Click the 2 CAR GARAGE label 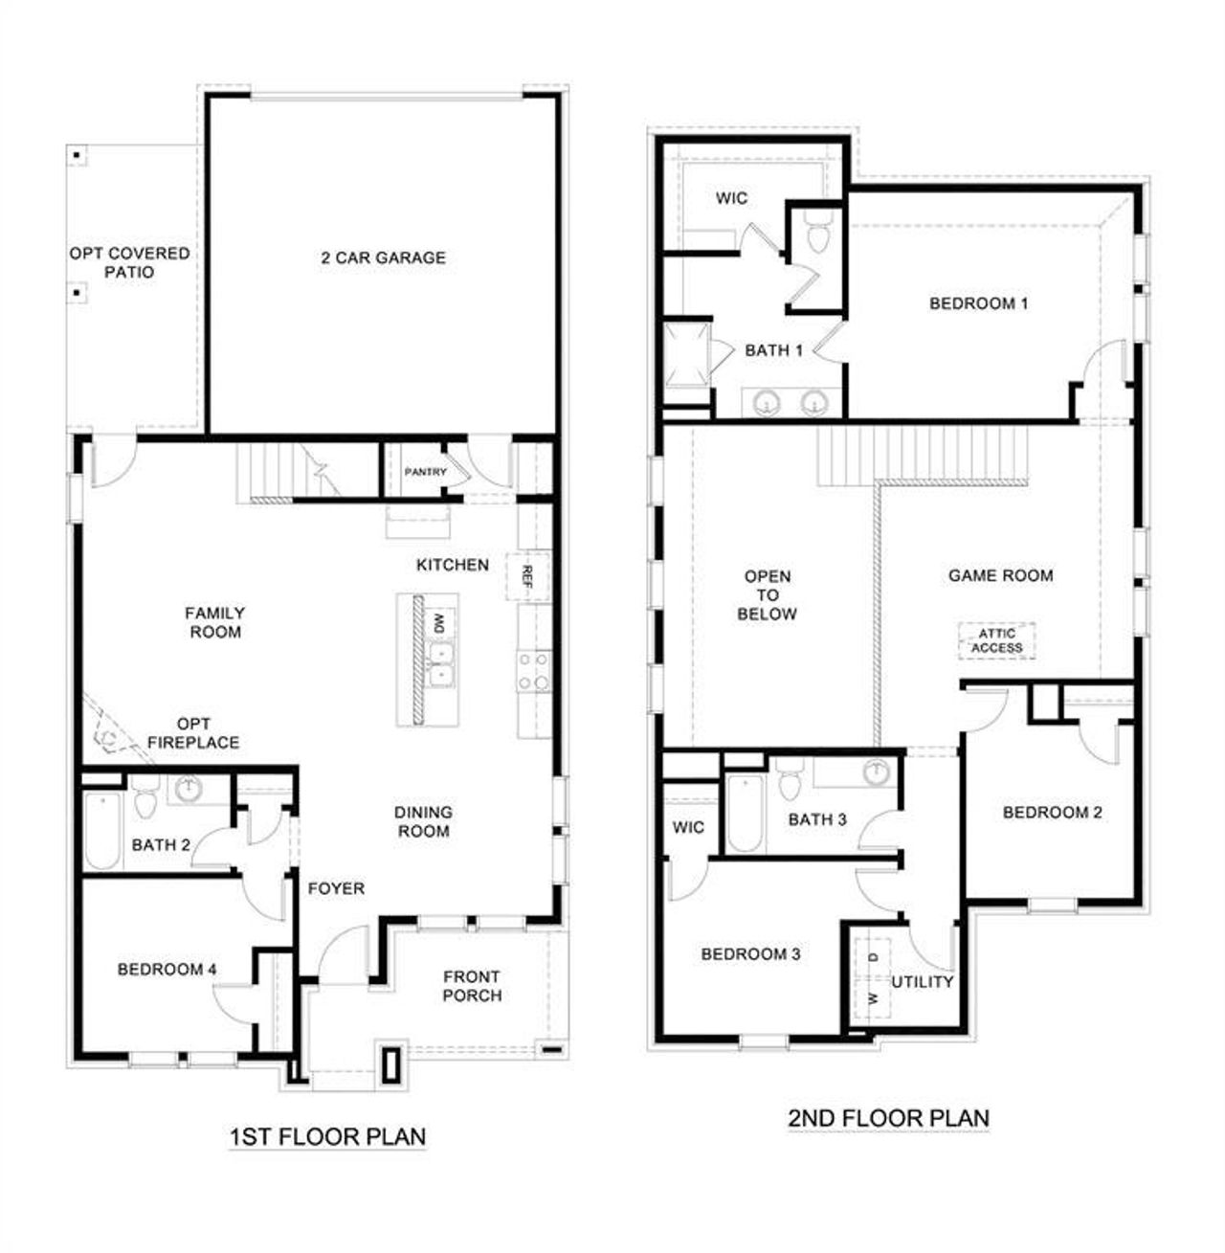383,257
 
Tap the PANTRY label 425,472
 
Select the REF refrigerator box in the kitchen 527,575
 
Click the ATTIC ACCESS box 996,640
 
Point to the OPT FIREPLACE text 193,732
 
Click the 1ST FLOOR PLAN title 327,1137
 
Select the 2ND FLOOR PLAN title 888,1117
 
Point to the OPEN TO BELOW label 768,594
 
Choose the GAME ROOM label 1000,575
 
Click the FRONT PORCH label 472,986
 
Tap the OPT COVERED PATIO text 129,262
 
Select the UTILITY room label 923,981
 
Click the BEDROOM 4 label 167,970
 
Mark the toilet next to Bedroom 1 816,234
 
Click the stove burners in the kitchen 533,671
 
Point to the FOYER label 336,888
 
